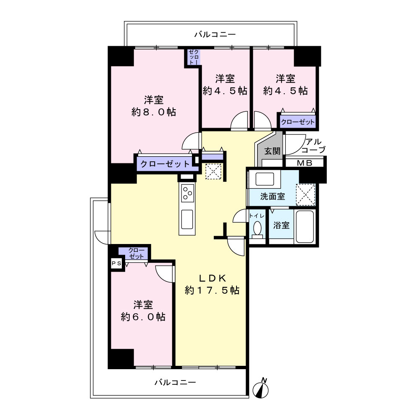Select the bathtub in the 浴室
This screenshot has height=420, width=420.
pyautogui.click(x=305, y=226)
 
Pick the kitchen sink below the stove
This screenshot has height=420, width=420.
pyautogui.click(x=187, y=219)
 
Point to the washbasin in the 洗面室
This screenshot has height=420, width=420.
pyautogui.click(x=265, y=179)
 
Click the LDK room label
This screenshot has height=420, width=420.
pyautogui.click(x=213, y=278)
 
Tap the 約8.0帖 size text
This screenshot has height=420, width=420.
pyautogui.click(x=154, y=112)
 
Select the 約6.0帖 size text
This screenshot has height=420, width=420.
pyautogui.click(x=143, y=317)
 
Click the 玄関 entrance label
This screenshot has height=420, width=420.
pyautogui.click(x=272, y=151)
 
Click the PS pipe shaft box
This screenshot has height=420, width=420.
pyautogui.click(x=116, y=264)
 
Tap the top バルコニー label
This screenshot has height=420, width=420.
pyautogui.click(x=215, y=34)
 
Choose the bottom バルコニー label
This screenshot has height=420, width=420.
pyautogui.click(x=175, y=382)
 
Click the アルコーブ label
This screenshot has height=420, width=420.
pyautogui.click(x=313, y=145)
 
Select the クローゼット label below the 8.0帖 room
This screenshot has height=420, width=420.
pyautogui.click(x=165, y=164)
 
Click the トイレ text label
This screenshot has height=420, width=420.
pyautogui.click(x=257, y=215)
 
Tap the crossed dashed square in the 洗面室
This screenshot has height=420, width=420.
pyautogui.click(x=306, y=195)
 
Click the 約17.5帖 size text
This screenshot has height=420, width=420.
pyautogui.click(x=212, y=290)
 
